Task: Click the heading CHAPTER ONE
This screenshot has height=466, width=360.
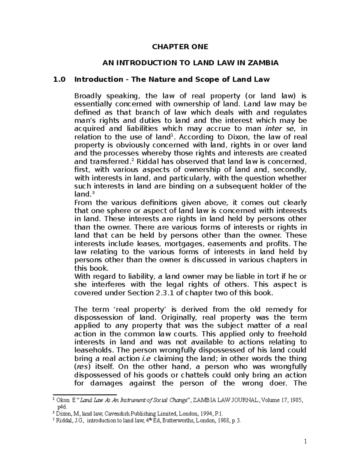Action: click(180, 47)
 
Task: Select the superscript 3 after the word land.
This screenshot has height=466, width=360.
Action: click(92, 193)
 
